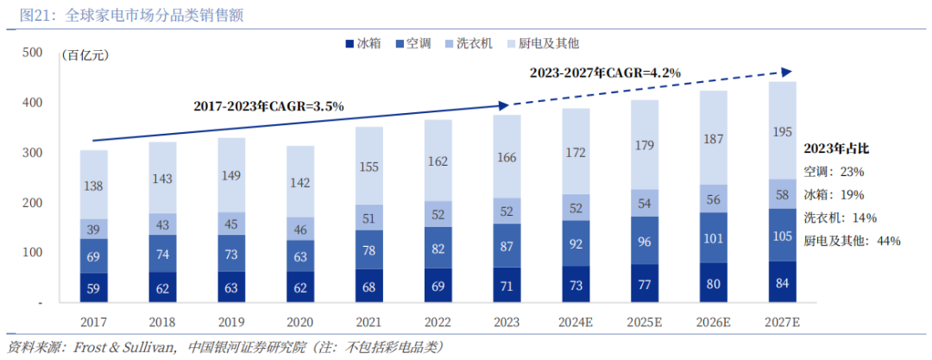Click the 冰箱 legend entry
coord(364,43)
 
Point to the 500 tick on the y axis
coord(32,54)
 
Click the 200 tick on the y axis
coord(32,203)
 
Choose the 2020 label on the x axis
coord(300,321)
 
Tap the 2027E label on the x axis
coord(783,321)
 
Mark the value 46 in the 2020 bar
coord(300,229)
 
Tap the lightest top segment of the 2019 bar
coord(231,175)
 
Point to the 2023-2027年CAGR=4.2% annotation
coord(605,73)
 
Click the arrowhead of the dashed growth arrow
coord(786,70)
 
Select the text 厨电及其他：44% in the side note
coord(852,241)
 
